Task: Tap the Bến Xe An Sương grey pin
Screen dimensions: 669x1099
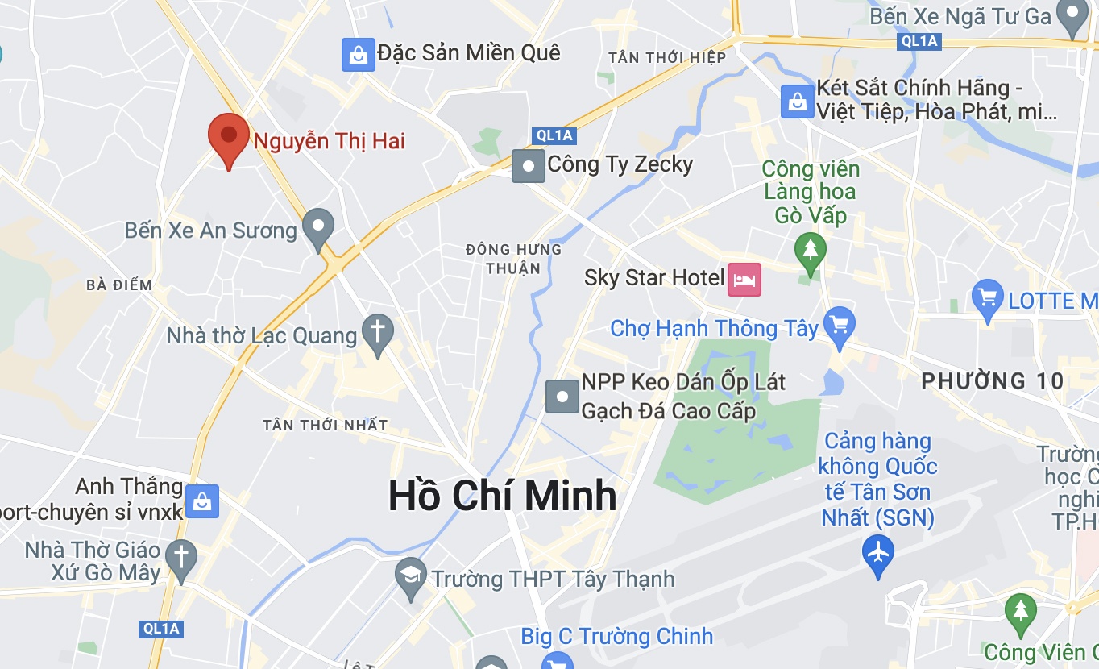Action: click(x=318, y=226)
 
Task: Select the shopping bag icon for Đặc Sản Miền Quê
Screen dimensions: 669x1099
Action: click(x=358, y=55)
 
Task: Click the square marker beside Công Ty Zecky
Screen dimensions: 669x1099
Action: click(x=529, y=166)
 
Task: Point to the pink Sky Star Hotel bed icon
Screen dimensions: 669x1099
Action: click(x=744, y=280)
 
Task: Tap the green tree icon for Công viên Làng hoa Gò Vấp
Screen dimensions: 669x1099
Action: click(x=811, y=249)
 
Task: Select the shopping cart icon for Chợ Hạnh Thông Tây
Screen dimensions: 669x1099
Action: click(x=840, y=325)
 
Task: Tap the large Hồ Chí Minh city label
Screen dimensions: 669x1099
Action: click(x=502, y=496)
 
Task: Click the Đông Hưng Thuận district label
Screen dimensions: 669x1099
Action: click(x=513, y=258)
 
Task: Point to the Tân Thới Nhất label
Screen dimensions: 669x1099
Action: click(x=326, y=425)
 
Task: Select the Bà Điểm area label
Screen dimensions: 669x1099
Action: click(x=119, y=285)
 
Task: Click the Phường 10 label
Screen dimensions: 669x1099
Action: click(x=993, y=381)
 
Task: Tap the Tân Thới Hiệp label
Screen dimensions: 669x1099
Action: click(x=667, y=57)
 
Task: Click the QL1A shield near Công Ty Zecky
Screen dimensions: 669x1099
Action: click(x=554, y=135)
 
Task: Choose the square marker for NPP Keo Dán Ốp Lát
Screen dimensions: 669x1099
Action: click(x=562, y=397)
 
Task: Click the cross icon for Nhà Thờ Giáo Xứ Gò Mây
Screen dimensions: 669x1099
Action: click(x=181, y=557)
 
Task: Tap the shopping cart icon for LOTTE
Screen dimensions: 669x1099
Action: click(x=988, y=298)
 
